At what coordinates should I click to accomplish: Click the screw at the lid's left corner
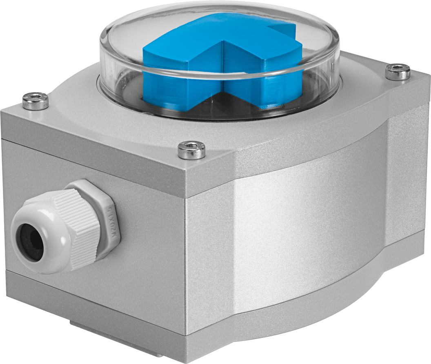click(35, 101)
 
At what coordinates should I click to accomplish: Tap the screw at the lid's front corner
click(192, 150)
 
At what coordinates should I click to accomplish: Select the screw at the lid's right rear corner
click(398, 72)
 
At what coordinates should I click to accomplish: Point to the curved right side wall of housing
click(310, 228)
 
